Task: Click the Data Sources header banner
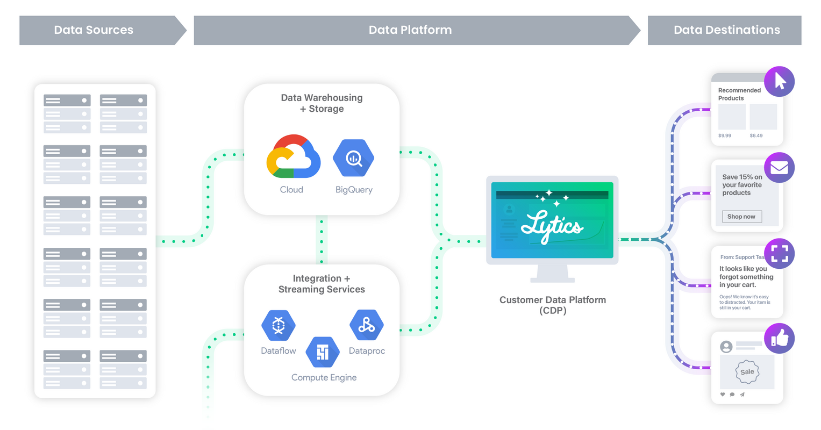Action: coord(94,30)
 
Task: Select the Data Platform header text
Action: coord(410,30)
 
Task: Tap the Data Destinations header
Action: coord(726,30)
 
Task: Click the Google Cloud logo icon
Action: coord(293,157)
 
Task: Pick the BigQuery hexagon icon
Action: coord(353,158)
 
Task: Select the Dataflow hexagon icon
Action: coord(278,325)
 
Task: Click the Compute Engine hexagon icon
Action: coord(323,352)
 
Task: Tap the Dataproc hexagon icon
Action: coord(366,325)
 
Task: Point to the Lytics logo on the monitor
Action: coord(552,226)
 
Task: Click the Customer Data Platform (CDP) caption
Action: coord(552,305)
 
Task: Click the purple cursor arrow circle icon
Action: coord(779,82)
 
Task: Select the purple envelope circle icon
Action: coord(779,168)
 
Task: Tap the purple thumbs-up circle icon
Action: coord(779,339)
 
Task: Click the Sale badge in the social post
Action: coord(747,372)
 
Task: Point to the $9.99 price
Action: coord(725,135)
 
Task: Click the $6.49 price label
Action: coord(756,135)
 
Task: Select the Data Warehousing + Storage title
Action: coord(322,103)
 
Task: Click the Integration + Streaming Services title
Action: coord(322,284)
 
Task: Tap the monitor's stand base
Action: coord(552,279)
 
